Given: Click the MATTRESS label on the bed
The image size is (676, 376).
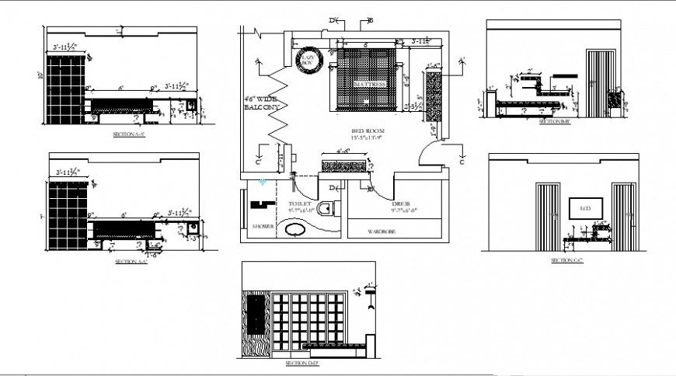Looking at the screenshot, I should tap(369, 84).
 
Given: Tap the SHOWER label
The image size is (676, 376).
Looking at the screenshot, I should tap(262, 227).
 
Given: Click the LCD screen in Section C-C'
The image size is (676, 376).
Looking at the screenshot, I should tap(584, 208).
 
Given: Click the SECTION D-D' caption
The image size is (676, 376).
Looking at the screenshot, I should tap(301, 364).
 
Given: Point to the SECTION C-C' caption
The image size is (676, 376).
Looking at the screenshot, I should tap(566, 261).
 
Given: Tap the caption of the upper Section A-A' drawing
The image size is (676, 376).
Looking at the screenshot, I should tap(129, 134).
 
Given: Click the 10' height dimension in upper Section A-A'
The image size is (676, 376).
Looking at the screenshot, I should tap(39, 76).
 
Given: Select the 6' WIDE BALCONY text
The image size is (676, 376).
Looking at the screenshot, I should tap(261, 104).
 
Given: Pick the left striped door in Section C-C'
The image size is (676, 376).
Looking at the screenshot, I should tap(549, 215).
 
